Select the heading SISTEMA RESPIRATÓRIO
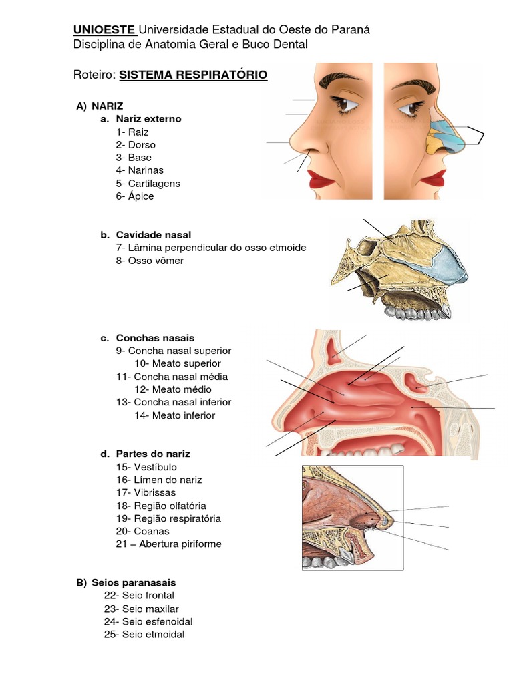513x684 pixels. [x=193, y=75]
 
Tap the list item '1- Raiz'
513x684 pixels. [x=132, y=132]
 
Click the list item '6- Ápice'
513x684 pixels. [x=135, y=196]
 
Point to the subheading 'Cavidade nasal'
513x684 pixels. [x=154, y=235]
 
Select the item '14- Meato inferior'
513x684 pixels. [x=174, y=415]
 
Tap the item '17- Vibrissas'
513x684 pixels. [x=146, y=493]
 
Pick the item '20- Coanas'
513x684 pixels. [x=142, y=531]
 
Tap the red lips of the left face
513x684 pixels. [x=322, y=178]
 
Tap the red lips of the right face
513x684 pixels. [x=432, y=178]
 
